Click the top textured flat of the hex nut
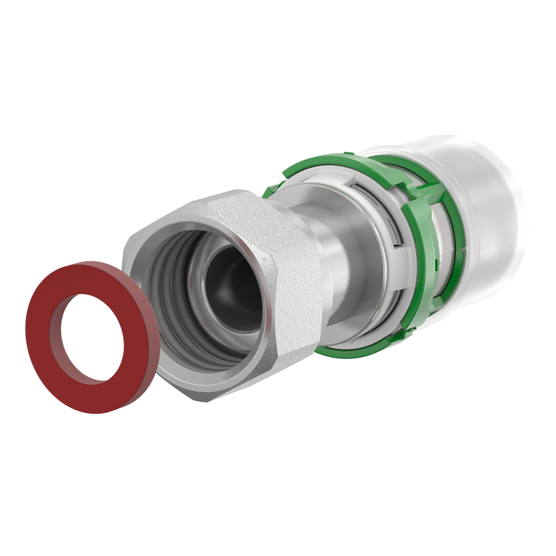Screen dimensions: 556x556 [x=230, y=213]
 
